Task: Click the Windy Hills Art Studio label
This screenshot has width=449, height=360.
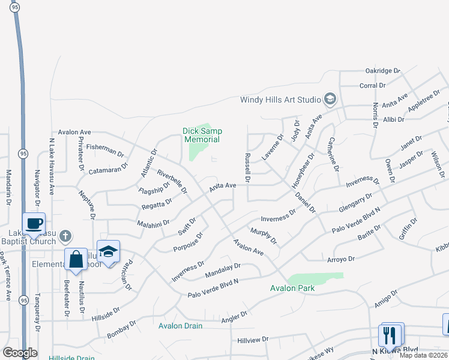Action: tap(280, 100)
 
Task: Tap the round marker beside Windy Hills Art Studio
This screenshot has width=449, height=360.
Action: tap(330, 98)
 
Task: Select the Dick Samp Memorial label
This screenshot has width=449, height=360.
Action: tap(202, 134)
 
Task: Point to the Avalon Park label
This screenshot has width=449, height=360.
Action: tap(292, 288)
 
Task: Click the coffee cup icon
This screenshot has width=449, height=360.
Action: tap(34, 224)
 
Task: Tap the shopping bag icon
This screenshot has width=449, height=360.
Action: tap(76, 260)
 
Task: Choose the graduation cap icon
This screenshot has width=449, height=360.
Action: tap(108, 251)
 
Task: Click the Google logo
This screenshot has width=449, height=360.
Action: tap(20, 353)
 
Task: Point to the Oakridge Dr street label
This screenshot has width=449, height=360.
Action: tap(382, 71)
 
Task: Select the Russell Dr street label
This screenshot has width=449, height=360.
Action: tap(247, 167)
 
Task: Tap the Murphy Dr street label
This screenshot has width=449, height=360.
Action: tap(264, 236)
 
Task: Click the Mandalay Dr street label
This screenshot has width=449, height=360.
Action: tap(223, 269)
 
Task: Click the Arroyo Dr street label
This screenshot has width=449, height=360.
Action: tap(341, 259)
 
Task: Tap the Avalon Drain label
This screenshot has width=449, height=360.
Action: tap(181, 326)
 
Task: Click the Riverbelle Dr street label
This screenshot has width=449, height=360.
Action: tap(172, 181)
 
